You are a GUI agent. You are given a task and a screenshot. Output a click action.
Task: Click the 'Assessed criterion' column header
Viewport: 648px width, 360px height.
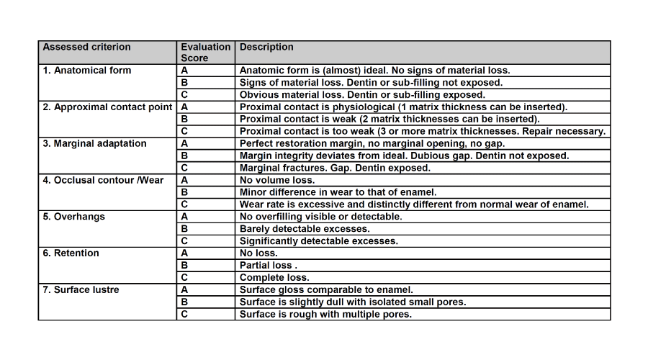coord(86,48)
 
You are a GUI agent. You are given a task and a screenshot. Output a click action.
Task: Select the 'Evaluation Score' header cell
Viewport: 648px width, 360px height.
coord(205,53)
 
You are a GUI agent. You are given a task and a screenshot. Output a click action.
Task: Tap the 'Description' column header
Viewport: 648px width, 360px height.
coord(266,48)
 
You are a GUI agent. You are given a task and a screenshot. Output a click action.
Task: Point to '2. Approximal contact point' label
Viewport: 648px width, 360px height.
coord(107,107)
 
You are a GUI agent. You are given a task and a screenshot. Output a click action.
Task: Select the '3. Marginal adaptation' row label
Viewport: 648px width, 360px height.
coord(94,144)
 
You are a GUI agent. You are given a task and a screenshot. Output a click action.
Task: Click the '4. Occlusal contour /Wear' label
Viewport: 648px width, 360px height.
coord(103,180)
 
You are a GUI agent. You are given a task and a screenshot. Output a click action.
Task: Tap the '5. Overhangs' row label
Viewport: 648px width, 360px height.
coord(73,217)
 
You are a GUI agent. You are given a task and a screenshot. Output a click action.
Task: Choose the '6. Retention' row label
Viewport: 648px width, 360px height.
coord(71,253)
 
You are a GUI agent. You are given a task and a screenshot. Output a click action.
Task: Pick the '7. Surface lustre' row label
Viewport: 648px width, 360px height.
coord(81,290)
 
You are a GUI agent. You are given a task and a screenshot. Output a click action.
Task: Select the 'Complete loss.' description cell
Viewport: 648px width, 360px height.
coord(274,278)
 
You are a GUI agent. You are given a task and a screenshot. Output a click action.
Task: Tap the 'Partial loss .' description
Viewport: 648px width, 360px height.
coord(266,266)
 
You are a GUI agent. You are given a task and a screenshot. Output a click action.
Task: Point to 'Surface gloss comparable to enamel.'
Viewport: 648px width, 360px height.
coord(326,290)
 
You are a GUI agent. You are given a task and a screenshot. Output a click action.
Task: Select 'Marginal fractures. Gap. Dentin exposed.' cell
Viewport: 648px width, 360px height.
coord(335,168)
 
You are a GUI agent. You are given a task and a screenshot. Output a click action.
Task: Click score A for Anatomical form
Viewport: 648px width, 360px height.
coord(184,71)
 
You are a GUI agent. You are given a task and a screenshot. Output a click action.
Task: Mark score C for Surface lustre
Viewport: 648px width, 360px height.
coord(184,315)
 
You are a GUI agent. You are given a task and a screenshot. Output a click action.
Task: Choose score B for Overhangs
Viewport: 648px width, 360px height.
coord(184,229)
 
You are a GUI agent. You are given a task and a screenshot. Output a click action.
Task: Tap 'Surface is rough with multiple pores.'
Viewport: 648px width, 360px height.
coord(325,315)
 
